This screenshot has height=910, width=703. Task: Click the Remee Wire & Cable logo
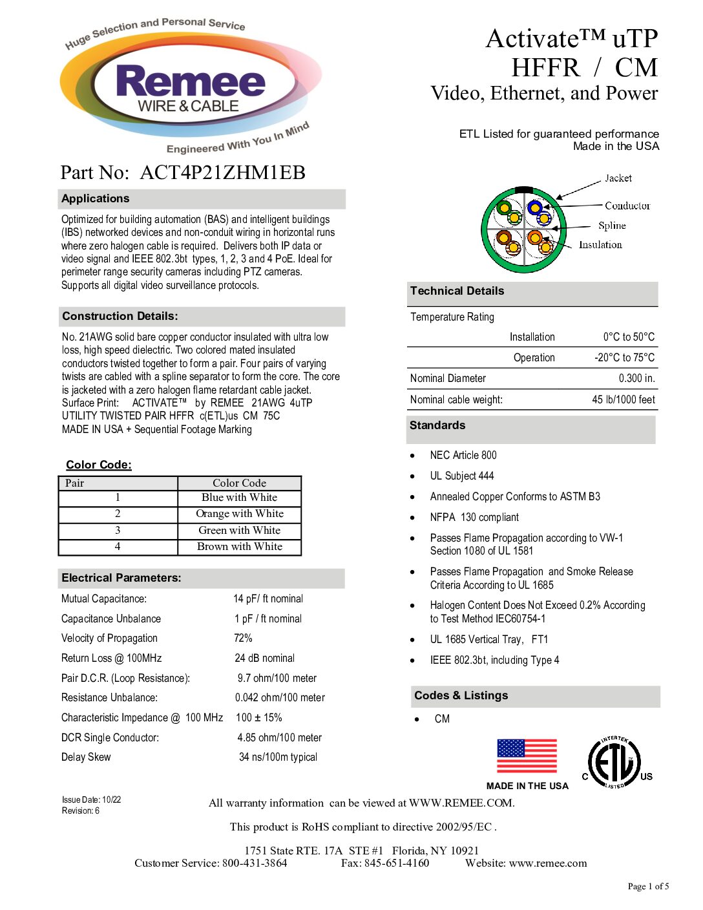pos(190,87)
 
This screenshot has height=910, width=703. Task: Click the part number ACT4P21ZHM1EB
pos(222,173)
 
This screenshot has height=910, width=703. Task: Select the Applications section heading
pos(96,199)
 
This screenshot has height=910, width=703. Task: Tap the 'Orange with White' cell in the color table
pos(240,514)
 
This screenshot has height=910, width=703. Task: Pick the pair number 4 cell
pos(118,547)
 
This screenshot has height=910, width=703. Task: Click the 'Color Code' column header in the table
pos(240,483)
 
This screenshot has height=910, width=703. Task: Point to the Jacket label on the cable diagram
pos(618,178)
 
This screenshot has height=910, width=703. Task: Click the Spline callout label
pos(612,226)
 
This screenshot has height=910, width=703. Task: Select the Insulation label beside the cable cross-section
pos(600,245)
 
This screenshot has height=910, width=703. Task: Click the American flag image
pos(527,756)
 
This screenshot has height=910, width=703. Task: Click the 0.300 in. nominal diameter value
pos(636,379)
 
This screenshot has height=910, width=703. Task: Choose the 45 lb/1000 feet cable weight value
pos(624,400)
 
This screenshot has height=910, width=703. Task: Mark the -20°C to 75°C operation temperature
pos(624,358)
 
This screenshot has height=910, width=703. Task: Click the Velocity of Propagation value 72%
pos(243,639)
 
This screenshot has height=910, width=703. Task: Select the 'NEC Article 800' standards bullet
pos(463,456)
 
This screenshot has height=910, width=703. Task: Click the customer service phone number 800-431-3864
pos(255,863)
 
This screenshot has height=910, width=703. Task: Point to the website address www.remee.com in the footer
pos(548,863)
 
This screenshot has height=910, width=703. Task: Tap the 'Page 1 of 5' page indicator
pos(648,887)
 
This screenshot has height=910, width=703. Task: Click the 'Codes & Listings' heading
pos(461,696)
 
